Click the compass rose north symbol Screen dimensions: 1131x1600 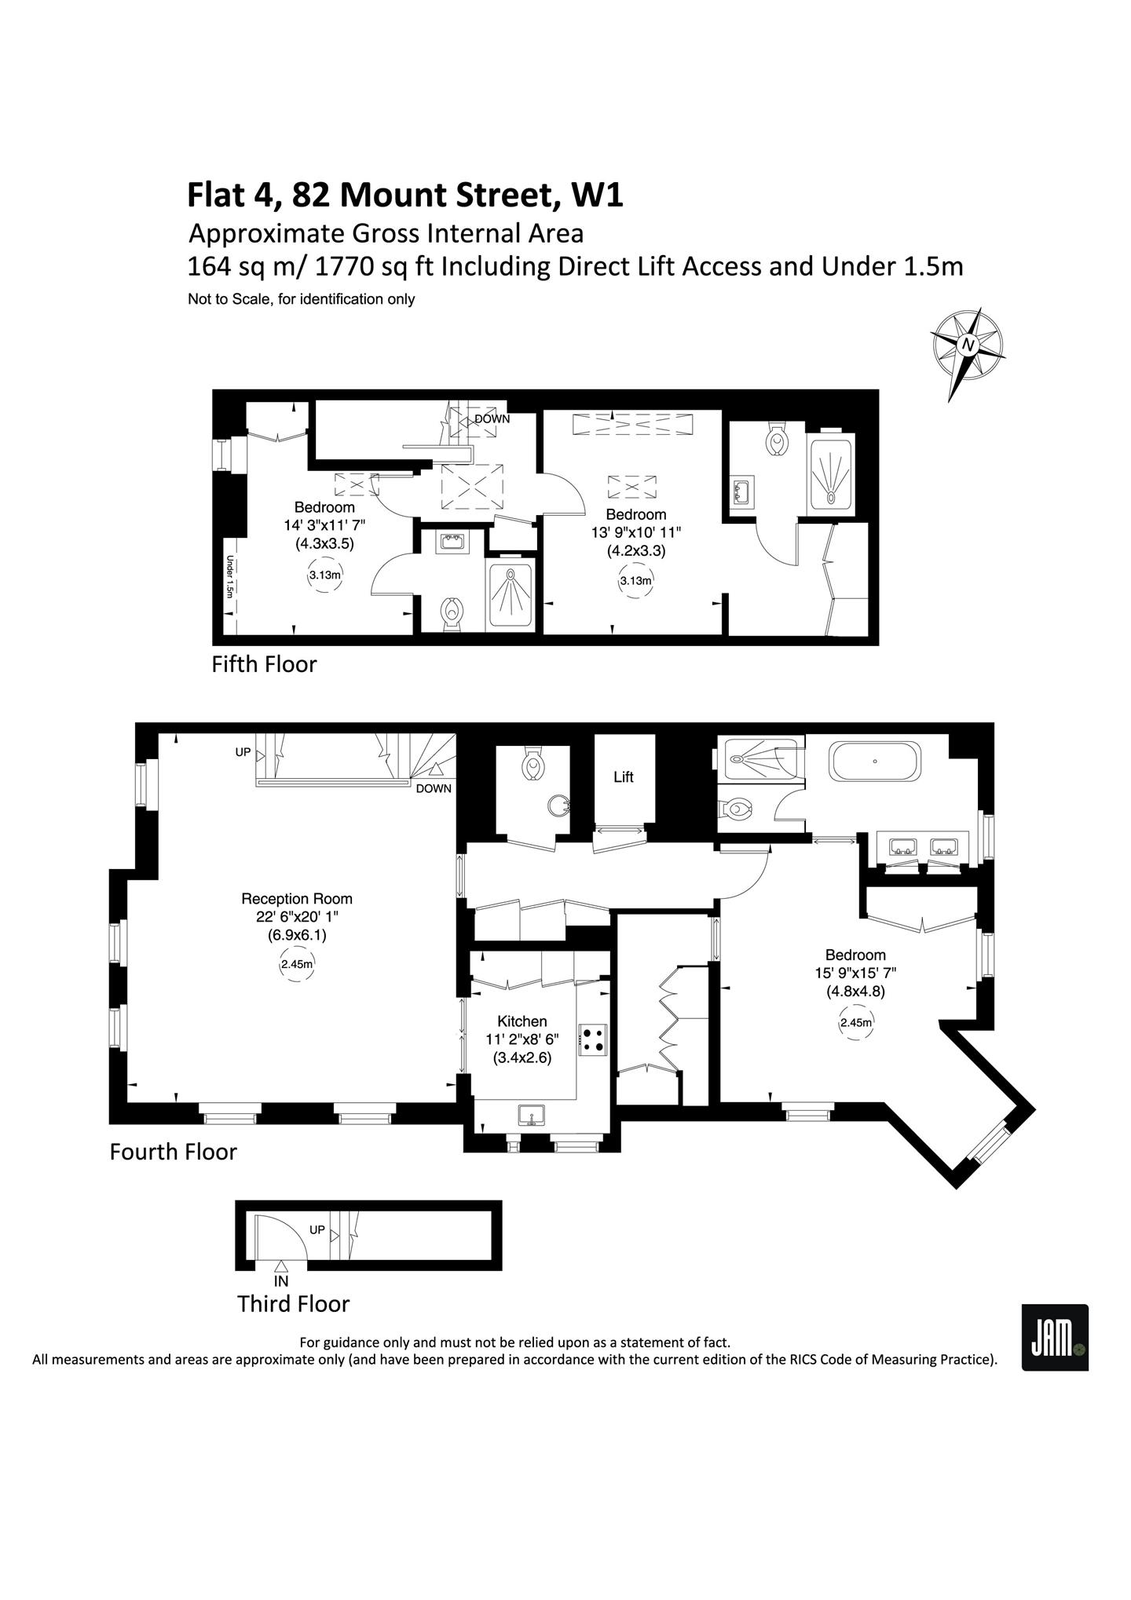(x=968, y=353)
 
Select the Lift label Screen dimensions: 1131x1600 (x=624, y=777)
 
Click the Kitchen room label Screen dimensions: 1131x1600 (x=522, y=1021)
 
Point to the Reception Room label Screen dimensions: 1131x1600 (x=297, y=899)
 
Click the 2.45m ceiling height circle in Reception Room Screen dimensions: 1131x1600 (x=297, y=964)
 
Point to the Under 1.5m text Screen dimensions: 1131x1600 (x=230, y=576)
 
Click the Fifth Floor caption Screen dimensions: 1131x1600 (x=264, y=664)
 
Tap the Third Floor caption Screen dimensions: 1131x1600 (x=293, y=1304)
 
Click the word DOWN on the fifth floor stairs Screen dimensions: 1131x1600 (x=492, y=419)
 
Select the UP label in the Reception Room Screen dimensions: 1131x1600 (x=243, y=752)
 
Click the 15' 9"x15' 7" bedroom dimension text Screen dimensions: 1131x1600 (x=855, y=973)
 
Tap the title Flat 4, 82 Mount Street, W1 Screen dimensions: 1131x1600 (x=405, y=196)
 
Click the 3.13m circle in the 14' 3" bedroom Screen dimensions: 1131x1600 (x=324, y=575)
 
